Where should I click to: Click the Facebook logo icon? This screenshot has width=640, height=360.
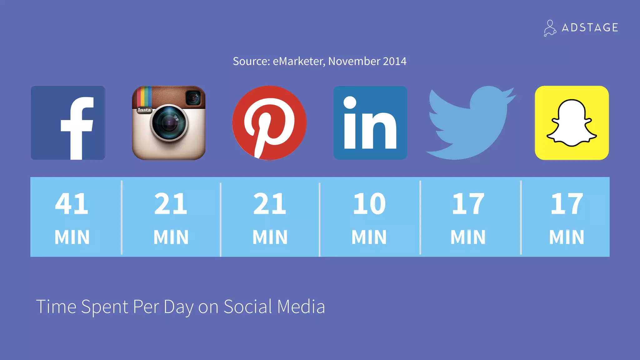68,123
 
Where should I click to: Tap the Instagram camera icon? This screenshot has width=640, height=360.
169,123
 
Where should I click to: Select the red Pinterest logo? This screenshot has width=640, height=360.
269,123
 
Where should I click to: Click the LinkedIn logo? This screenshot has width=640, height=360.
370,123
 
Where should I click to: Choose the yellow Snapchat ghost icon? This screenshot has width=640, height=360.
572,123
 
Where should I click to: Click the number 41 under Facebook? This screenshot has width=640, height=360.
72,204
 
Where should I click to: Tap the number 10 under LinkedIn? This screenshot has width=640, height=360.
369,204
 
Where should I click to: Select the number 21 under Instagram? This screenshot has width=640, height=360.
171,204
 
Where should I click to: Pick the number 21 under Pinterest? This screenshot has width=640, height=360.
270,204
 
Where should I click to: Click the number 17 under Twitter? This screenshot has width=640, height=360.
468,204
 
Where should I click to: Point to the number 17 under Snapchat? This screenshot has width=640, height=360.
567,204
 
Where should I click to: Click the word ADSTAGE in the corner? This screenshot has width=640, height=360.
590,27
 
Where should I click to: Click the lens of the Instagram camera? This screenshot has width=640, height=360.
169,122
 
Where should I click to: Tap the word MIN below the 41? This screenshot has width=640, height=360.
72,237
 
